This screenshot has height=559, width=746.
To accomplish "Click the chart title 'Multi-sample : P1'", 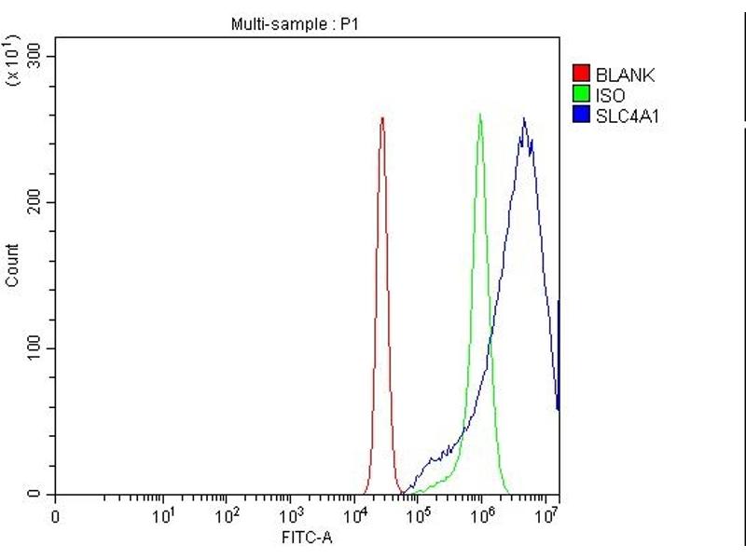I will coord(294,25).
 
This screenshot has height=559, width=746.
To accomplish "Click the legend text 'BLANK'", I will coord(626,75).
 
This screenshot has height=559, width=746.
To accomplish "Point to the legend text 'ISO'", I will coord(611,96).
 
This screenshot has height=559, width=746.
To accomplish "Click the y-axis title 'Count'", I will coord(12,265).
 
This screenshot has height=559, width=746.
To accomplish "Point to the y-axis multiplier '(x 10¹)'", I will coord(13,60).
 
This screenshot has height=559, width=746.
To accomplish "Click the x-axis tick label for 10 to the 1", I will coord(164,514).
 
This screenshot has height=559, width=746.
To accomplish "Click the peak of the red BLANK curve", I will coord(382,118).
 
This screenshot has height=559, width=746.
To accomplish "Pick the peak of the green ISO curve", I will coord(480,115).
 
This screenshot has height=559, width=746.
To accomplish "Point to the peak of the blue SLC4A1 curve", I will coord(524,118).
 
